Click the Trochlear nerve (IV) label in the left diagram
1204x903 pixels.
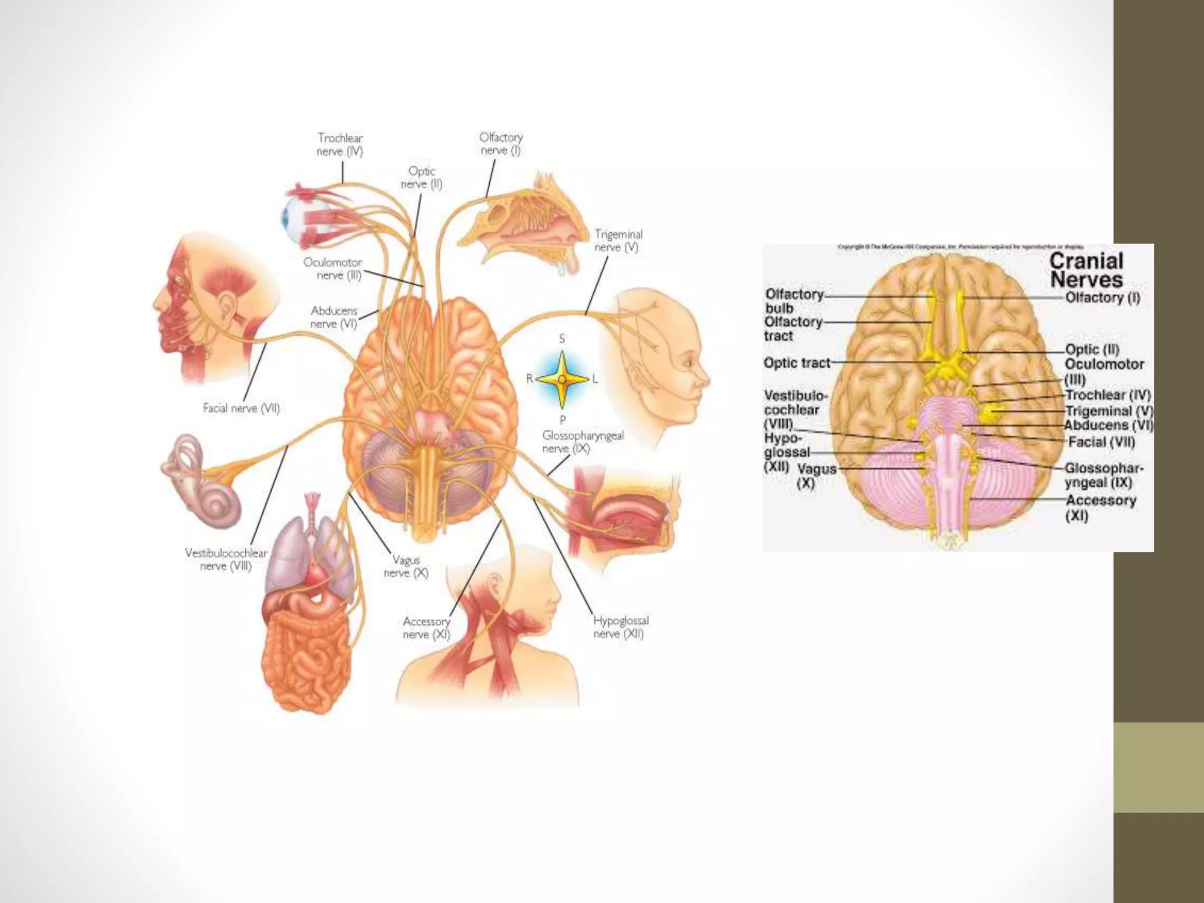pos(340,145)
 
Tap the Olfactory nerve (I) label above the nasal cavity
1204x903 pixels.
pos(500,144)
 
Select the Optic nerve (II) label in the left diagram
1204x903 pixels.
pos(421,178)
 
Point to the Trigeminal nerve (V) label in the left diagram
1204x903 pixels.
pos(617,241)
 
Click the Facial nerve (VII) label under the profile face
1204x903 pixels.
pos(241,408)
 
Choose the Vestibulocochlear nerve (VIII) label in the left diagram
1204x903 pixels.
pos(226,559)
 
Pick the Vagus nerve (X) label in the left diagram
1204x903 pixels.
pos(406,567)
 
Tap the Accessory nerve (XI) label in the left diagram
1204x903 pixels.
pos(426,628)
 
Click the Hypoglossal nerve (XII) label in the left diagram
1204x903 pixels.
pos(620,627)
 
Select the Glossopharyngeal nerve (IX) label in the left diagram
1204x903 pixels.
pos(582,442)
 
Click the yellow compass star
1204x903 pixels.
pos(562,380)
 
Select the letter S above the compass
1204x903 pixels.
pos(562,339)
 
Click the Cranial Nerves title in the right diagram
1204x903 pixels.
pos(1086,270)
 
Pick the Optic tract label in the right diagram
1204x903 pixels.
pos(797,363)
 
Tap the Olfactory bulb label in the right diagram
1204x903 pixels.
pos(793,301)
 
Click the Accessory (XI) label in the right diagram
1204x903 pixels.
pos(1101,508)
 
